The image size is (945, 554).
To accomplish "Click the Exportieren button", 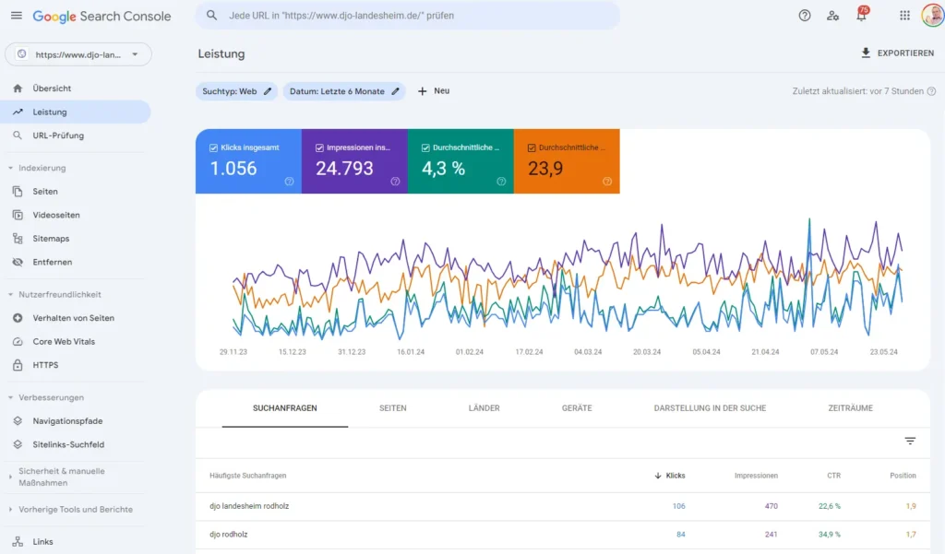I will pyautogui.click(x=897, y=53).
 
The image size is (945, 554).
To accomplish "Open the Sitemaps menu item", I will pyautogui.click(x=51, y=239).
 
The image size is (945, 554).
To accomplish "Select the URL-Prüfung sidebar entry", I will pyautogui.click(x=58, y=136).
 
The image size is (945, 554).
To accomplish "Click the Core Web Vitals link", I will pyautogui.click(x=64, y=342).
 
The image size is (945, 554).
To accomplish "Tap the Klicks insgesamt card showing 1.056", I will pyautogui.click(x=247, y=161).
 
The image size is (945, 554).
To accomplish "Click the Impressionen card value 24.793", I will pyautogui.click(x=353, y=161).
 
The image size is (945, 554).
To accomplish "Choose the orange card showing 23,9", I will pyautogui.click(x=566, y=161).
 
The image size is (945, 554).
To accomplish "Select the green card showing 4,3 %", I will pyautogui.click(x=460, y=161).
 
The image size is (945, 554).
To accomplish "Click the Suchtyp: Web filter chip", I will pyautogui.click(x=237, y=91).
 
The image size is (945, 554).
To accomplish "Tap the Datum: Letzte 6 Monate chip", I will pyautogui.click(x=344, y=91).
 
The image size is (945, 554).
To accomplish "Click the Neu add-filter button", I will pyautogui.click(x=434, y=91).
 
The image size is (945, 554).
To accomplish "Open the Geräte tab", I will pyautogui.click(x=577, y=408).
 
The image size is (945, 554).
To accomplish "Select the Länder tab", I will pyautogui.click(x=484, y=408).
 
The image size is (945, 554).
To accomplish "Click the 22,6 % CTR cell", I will pyautogui.click(x=830, y=506).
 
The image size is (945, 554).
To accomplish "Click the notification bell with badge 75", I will pyautogui.click(x=861, y=16).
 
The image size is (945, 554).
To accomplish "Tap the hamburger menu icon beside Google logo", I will pyautogui.click(x=16, y=16).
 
